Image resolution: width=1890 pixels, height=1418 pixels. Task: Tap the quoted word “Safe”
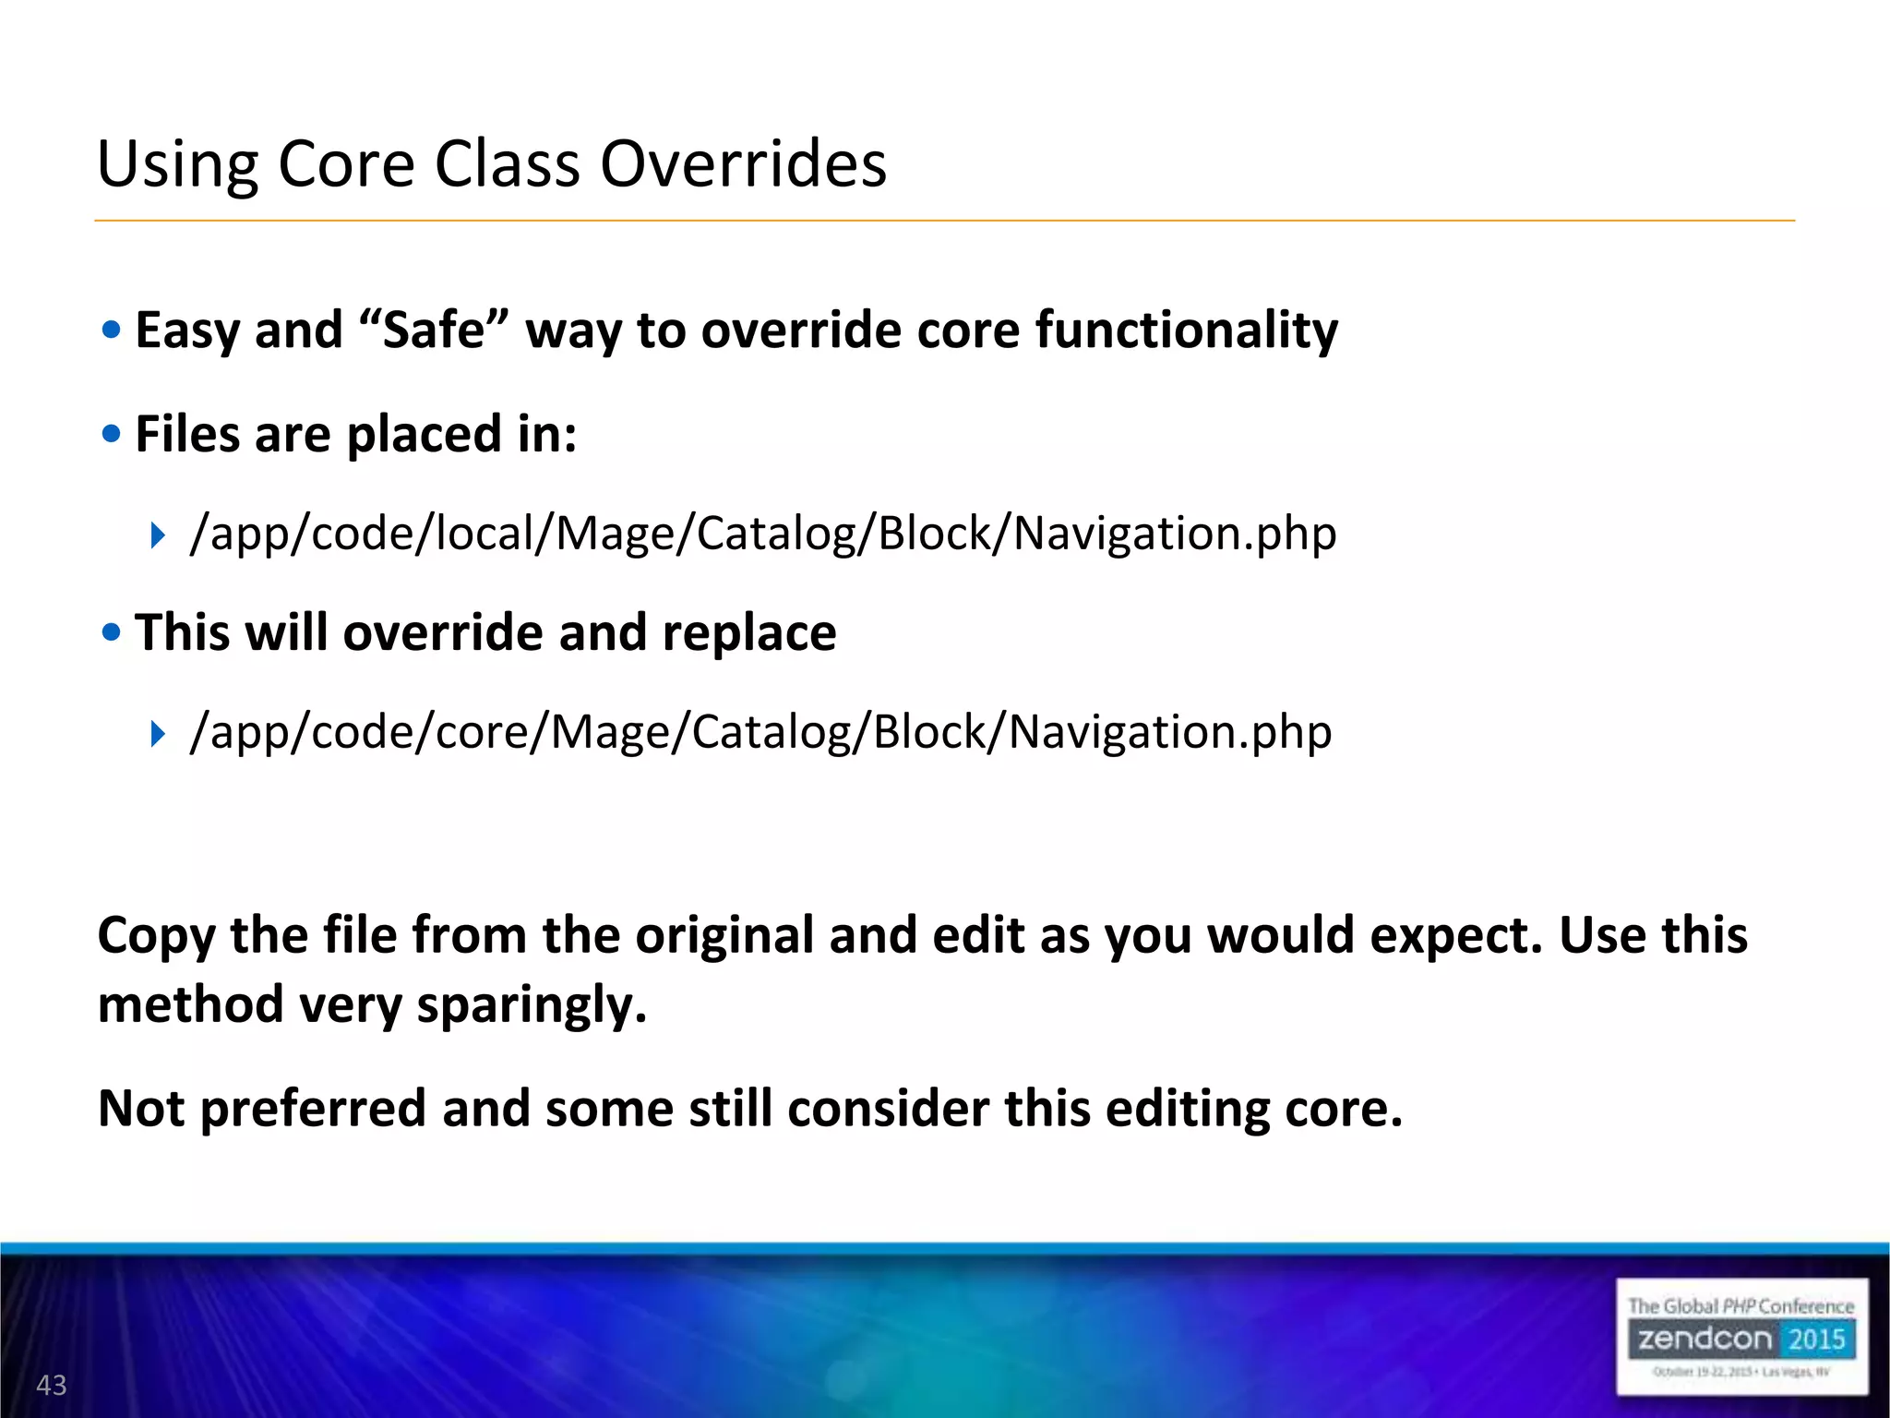(433, 330)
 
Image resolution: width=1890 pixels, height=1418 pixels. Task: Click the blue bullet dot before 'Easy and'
(112, 330)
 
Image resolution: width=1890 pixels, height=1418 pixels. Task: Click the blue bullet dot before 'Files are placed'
(112, 434)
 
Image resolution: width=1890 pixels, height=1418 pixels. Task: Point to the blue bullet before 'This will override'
(112, 632)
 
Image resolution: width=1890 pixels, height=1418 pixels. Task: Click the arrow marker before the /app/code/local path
(158, 535)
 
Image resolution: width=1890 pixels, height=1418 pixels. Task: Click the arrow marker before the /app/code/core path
(158, 734)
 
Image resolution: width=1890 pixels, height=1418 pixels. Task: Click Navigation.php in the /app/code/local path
(1174, 534)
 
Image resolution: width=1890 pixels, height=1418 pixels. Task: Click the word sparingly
(531, 1006)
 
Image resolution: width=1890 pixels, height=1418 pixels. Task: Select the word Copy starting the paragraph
(156, 936)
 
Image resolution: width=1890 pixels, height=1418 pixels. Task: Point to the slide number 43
(52, 1385)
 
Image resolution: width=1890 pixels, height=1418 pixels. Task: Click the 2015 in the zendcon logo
(1815, 1339)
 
